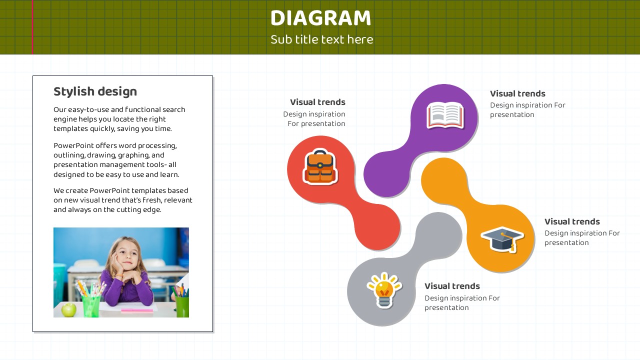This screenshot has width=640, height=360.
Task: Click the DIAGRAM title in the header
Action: (320, 18)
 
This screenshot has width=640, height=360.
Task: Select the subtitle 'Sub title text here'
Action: (321, 39)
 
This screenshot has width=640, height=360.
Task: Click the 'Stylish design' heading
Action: (95, 91)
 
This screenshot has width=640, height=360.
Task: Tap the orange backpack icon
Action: (320, 166)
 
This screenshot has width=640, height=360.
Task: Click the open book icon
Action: (445, 115)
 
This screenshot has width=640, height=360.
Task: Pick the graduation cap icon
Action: (502, 239)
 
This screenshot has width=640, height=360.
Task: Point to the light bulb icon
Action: (384, 290)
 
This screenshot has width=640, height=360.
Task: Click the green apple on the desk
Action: (68, 309)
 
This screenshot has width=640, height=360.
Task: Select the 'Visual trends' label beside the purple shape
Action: (517, 93)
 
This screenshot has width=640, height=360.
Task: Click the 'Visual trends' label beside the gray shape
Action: (452, 286)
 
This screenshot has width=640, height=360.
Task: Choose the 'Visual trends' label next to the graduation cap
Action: (572, 221)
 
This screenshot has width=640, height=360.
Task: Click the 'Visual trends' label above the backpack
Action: (317, 102)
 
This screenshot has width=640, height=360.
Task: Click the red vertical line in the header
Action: (32, 27)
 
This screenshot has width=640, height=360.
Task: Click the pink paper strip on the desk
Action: (137, 309)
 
